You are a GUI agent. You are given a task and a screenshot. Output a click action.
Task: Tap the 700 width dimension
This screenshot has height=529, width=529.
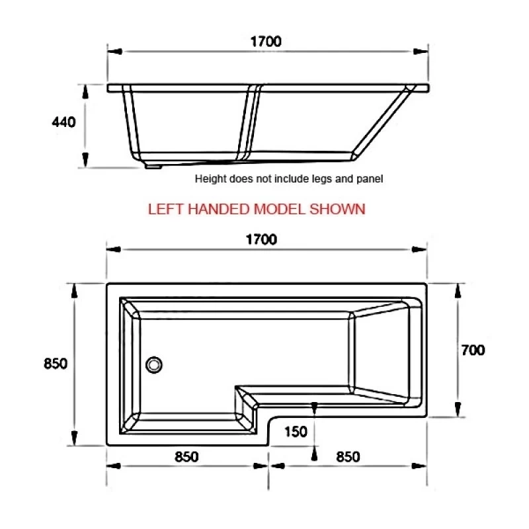pos(473,350)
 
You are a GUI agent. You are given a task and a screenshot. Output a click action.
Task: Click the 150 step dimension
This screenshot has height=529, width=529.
pos(296,432)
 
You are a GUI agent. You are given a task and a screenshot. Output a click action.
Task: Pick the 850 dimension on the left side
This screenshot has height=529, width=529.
pos(56,364)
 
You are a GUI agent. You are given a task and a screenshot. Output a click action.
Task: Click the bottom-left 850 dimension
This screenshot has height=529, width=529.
pos(187,457)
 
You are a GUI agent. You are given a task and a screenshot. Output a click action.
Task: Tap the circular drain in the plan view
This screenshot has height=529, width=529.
pos(154,364)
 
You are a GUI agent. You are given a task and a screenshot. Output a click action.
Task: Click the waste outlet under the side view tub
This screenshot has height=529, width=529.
pos(154,167)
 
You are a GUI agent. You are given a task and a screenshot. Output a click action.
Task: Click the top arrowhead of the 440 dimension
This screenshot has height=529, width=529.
pos(85,89)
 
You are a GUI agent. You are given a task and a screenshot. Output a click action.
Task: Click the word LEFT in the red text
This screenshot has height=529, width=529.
pos(165,210)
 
